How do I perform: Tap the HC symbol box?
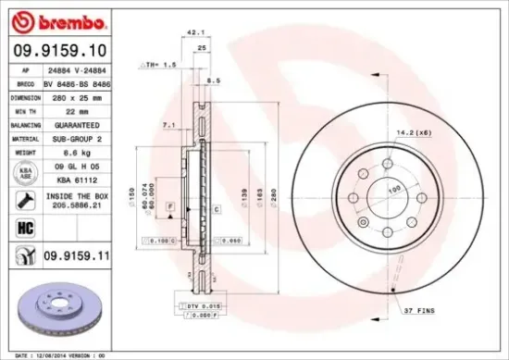[x=24, y=226]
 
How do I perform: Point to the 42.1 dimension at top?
[x=196, y=31]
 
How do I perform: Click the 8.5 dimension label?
[x=215, y=81]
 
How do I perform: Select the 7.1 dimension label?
[x=168, y=124]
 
